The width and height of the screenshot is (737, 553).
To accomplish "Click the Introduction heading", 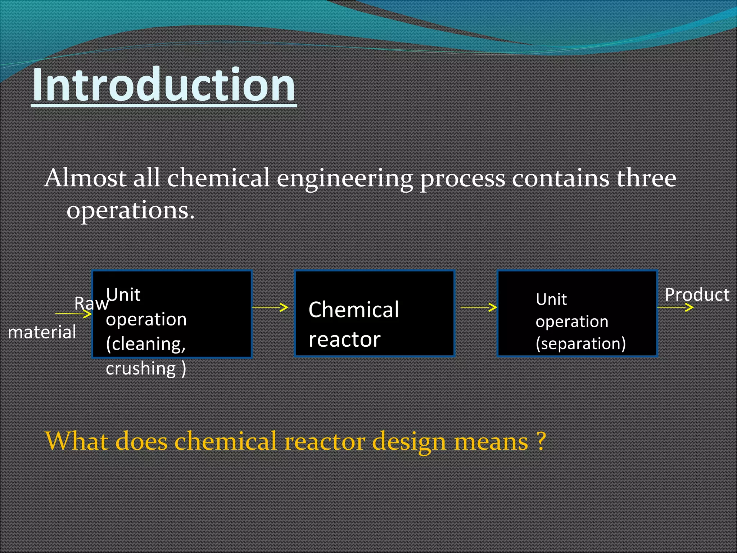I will point(164,86).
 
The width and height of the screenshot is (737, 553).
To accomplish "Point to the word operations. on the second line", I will point(130,211).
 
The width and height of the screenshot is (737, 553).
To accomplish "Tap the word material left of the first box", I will point(42,332).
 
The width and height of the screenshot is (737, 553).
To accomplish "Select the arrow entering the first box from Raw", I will point(74,314).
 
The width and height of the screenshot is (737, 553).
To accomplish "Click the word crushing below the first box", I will point(141,368).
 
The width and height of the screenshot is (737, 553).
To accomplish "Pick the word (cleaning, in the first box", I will point(146,344).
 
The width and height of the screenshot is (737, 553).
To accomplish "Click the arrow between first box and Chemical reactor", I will point(270,307).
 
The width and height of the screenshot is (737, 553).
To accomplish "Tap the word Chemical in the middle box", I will point(354,310).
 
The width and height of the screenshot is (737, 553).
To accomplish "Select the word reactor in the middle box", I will point(344,340).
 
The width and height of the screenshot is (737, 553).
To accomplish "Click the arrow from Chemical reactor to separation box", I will point(479,307).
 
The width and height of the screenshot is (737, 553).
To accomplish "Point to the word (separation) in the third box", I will point(580,343).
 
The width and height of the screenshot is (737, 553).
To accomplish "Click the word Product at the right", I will point(697,295).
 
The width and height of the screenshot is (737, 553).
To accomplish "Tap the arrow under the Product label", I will point(675,307).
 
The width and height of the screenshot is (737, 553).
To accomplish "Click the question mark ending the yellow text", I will point(541,441).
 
